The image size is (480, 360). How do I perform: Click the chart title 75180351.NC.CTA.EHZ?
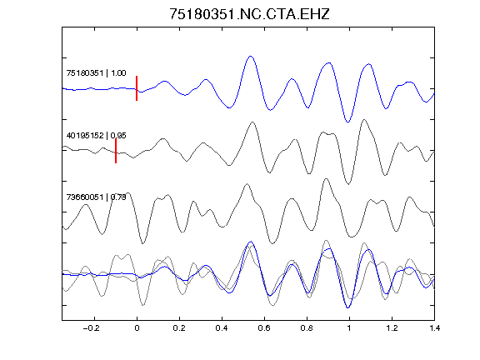click(x=249, y=14)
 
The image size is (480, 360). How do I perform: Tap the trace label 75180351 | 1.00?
click(x=96, y=72)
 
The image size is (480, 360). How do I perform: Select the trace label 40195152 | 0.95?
click(x=96, y=135)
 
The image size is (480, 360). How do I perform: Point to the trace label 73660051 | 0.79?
click(x=96, y=197)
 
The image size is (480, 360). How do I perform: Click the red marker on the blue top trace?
click(x=137, y=88)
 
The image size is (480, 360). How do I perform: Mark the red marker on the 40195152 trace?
click(x=116, y=151)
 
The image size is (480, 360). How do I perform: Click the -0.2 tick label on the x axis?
click(x=92, y=328)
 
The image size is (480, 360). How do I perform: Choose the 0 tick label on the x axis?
click(x=137, y=328)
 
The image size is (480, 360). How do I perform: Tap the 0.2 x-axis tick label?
click(x=179, y=328)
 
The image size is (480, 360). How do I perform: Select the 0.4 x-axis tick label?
click(x=222, y=328)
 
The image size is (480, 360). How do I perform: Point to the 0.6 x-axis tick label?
click(x=264, y=328)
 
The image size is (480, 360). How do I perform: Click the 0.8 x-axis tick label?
click(x=307, y=328)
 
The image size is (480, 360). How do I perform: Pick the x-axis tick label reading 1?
click(x=349, y=328)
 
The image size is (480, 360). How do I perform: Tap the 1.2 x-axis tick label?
click(x=392, y=328)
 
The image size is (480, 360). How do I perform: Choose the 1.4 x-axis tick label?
click(x=434, y=328)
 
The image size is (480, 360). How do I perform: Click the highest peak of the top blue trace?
click(x=251, y=57)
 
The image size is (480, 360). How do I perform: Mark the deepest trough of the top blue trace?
click(x=347, y=122)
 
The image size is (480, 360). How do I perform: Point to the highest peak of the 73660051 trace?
click(x=326, y=179)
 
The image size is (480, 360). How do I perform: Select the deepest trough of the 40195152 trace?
click(x=348, y=184)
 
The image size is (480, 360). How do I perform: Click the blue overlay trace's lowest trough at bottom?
click(x=347, y=307)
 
